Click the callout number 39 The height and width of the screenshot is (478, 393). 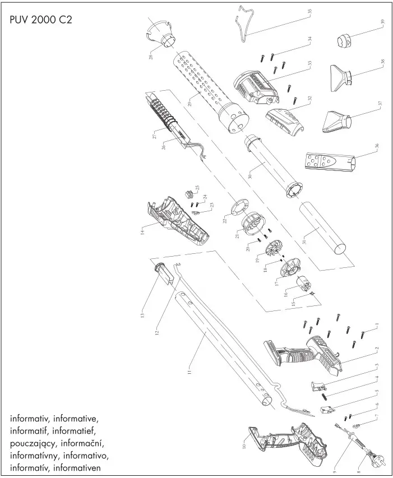383,23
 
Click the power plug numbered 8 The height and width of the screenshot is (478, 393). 371,461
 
